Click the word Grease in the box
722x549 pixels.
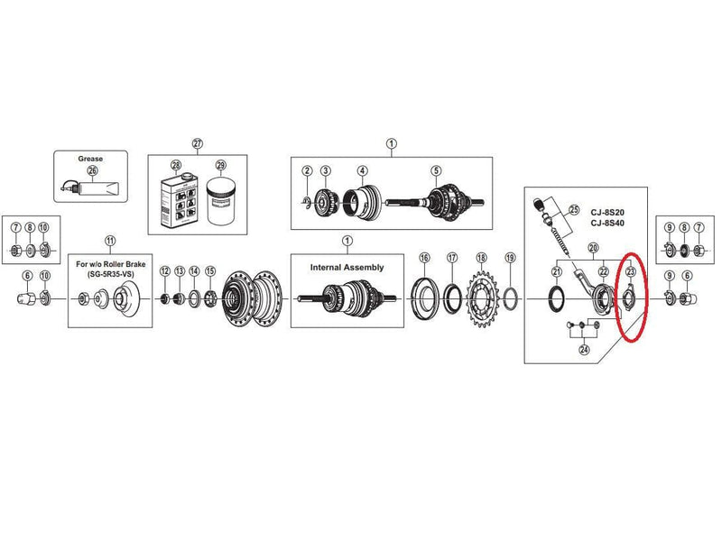(90, 159)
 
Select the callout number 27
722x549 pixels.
(197, 143)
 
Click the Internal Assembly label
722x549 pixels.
(347, 267)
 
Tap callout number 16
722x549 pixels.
(424, 258)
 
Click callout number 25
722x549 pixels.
(573, 210)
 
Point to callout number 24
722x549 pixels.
(584, 350)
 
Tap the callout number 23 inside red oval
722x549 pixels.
(630, 270)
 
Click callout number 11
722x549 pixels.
(109, 241)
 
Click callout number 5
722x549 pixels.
(435, 170)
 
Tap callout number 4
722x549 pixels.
(362, 170)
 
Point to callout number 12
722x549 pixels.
(164, 271)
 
